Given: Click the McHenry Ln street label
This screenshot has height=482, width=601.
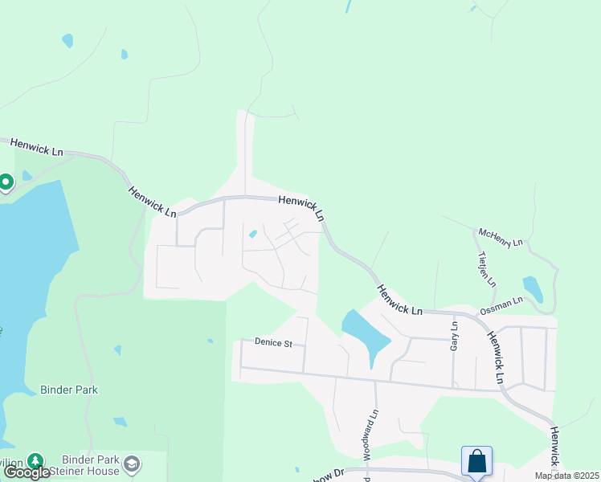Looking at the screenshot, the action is point(501,236).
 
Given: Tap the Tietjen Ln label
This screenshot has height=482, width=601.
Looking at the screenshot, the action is point(487,270).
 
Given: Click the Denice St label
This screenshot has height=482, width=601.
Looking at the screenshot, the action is point(270,344).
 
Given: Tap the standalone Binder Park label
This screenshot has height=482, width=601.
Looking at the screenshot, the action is point(69,390).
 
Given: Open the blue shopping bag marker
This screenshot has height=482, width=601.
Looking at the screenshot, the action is point(476,461).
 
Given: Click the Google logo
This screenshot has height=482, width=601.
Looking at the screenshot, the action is point(27,472).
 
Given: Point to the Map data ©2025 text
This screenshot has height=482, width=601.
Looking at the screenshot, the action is point(566,476).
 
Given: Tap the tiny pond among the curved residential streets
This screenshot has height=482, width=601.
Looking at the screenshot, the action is point(253,235).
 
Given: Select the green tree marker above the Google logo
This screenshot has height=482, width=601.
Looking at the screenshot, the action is point(35,461).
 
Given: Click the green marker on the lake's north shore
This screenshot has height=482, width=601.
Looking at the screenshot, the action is point(5,182).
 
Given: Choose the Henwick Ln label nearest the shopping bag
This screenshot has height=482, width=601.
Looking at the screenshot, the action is point(555,447).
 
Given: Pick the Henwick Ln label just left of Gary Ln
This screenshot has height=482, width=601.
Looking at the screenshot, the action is point(399,298).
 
